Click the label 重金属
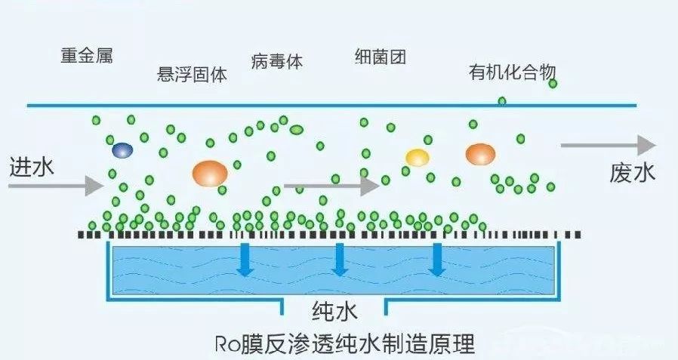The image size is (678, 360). pyautogui.click(x=87, y=56)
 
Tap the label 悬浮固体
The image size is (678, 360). pyautogui.click(x=192, y=74)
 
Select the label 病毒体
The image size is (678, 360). pyautogui.click(x=277, y=61)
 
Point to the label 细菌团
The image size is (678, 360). pyautogui.click(x=381, y=57)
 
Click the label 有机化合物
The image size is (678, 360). pyautogui.click(x=513, y=72)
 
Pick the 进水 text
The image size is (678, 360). pyautogui.click(x=32, y=168)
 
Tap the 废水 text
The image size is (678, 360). pyautogui.click(x=633, y=172)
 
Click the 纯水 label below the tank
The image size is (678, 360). pyautogui.click(x=334, y=311)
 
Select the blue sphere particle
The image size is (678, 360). pyautogui.click(x=122, y=150)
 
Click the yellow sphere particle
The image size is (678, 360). pyautogui.click(x=418, y=158)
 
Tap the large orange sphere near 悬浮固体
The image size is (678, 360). pyautogui.click(x=210, y=174)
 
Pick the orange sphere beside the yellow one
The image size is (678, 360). pyautogui.click(x=480, y=154)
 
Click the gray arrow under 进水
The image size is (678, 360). pyautogui.click(x=56, y=186)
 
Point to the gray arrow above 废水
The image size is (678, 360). pyautogui.click(x=609, y=145)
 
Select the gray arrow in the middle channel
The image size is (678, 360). pyautogui.click(x=331, y=186)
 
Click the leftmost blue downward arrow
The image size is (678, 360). pyautogui.click(x=245, y=260)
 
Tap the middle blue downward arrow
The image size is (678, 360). pyautogui.click(x=340, y=260)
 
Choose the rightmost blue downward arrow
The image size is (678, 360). pyautogui.click(x=437, y=260)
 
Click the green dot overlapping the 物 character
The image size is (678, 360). pyautogui.click(x=553, y=84)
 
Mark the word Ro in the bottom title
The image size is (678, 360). pyautogui.click(x=227, y=343)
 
